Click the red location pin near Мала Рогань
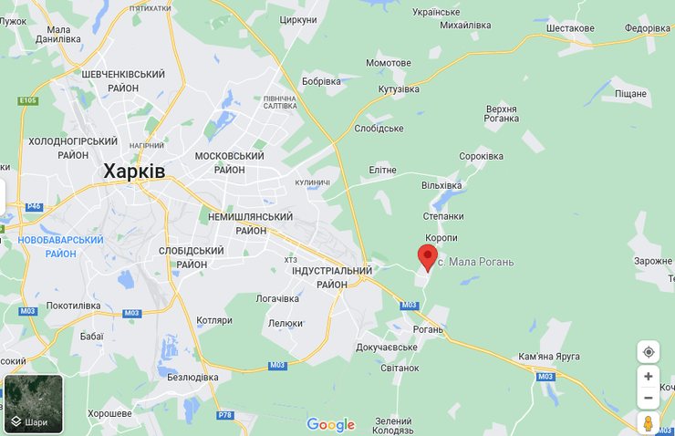(427, 256)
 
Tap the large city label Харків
(134, 171)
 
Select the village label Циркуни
(298, 20)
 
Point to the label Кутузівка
(399, 89)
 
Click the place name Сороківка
(481, 156)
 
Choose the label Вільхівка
(441, 185)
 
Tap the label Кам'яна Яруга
(549, 356)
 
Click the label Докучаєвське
(387, 347)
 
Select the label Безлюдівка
(192, 377)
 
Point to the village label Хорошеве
(109, 413)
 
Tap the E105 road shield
(27, 100)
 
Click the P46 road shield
(34, 206)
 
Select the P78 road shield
(224, 415)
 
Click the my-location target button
(648, 352)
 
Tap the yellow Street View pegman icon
(648, 423)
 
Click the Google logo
(330, 424)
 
